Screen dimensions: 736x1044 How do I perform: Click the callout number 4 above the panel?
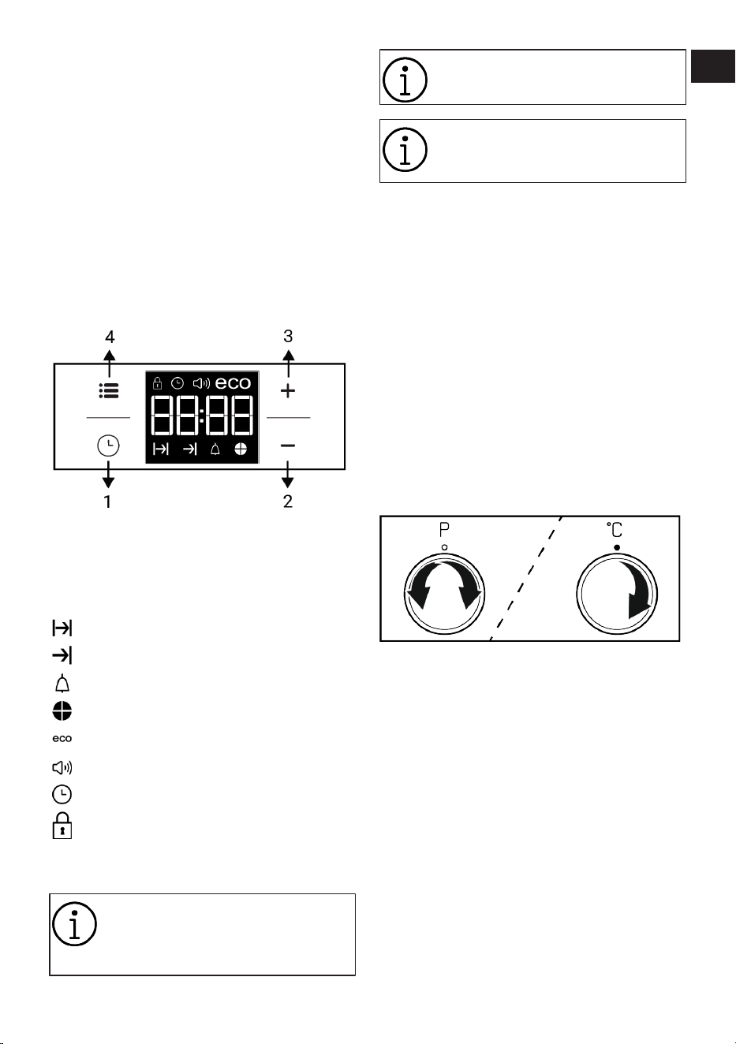110,337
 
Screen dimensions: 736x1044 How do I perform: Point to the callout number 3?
288,336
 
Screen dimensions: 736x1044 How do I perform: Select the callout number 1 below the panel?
107,501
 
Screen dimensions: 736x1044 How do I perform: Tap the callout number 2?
288,501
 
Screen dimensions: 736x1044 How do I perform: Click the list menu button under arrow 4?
109,390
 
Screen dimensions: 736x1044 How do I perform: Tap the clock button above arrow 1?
108,446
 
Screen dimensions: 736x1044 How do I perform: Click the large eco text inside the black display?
233,383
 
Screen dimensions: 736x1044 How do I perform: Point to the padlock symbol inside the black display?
157,383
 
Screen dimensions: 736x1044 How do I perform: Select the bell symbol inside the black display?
215,449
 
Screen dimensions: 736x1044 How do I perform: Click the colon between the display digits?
202,415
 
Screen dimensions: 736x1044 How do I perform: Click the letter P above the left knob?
444,530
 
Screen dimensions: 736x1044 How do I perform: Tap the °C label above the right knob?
615,530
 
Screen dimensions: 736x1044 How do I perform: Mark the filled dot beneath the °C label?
617,548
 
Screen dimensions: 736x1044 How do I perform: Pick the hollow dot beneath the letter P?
444,547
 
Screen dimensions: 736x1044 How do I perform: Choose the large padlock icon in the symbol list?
62,826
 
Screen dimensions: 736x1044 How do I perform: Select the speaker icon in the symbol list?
62,767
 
